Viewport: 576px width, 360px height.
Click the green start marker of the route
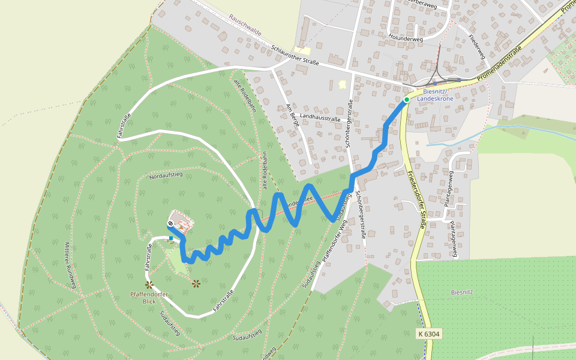(x=407, y=100)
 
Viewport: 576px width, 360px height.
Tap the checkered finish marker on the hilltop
(x=171, y=224)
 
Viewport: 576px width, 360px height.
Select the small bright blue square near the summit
(x=171, y=238)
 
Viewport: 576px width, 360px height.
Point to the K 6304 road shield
(x=429, y=333)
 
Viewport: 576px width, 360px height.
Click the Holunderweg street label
(x=406, y=38)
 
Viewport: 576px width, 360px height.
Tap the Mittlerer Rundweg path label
(x=71, y=265)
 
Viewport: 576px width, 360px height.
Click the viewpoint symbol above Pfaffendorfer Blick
(x=149, y=284)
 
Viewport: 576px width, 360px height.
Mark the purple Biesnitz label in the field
(x=463, y=292)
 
